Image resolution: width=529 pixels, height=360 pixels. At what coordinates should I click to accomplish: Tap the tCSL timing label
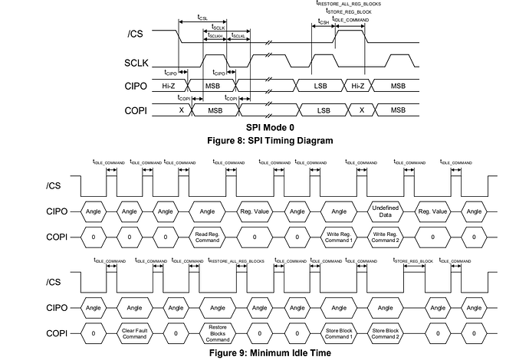pos(202,16)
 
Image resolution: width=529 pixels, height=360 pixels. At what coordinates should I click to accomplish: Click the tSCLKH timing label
pos(214,36)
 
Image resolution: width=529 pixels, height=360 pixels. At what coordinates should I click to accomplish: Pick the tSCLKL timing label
pos(238,36)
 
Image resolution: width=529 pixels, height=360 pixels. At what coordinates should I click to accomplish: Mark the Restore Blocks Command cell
pos(217,333)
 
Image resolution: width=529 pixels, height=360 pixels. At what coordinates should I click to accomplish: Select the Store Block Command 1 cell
pos(337,333)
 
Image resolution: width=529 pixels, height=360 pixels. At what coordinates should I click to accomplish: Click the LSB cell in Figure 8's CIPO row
pos(323,87)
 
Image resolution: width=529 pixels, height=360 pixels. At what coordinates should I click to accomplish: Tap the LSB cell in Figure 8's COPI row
pos(323,110)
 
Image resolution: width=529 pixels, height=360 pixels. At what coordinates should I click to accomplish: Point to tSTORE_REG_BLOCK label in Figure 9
pos(413,261)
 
